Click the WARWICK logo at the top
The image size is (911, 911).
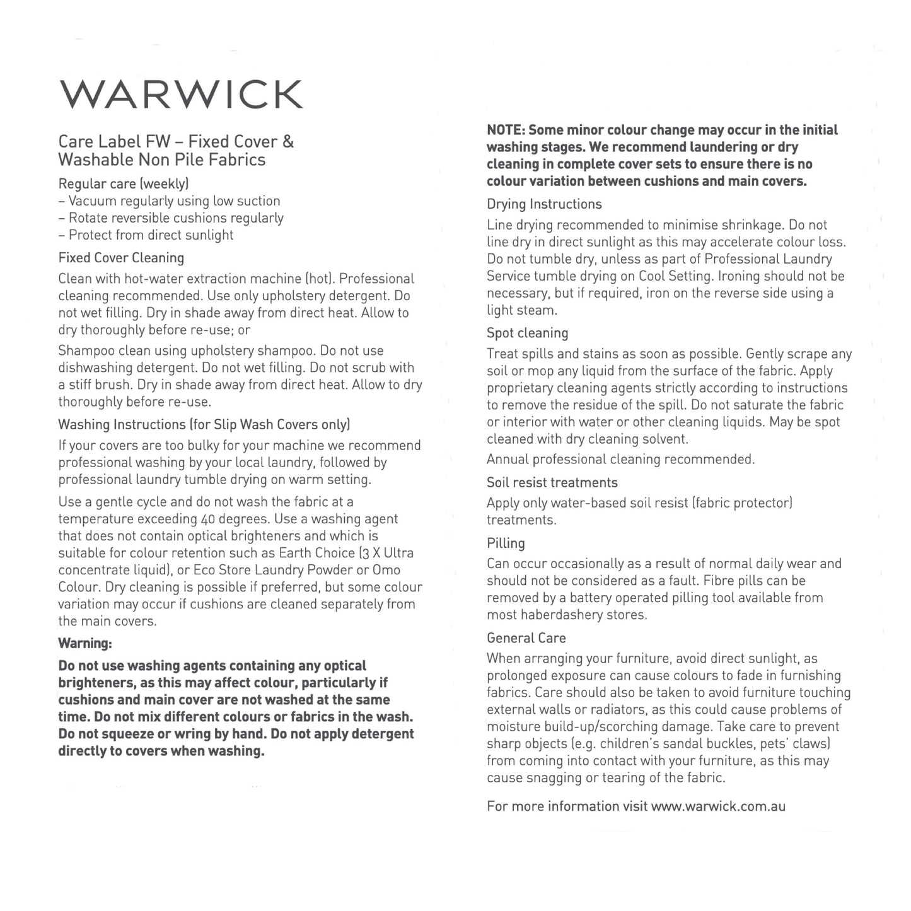(x=181, y=95)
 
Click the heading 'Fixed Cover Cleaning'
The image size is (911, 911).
(x=121, y=258)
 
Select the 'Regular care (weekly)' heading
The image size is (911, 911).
(x=124, y=183)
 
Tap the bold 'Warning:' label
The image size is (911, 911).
(x=85, y=644)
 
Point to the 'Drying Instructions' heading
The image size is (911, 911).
(x=544, y=204)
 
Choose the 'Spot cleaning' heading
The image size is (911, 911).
(x=527, y=333)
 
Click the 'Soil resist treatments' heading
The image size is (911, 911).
(x=552, y=482)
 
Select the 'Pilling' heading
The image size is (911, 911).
(x=506, y=543)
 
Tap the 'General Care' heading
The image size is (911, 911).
(x=526, y=638)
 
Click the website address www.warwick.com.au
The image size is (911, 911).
(x=717, y=806)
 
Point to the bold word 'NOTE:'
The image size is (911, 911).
(x=506, y=131)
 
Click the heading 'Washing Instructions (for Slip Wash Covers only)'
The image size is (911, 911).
(x=204, y=425)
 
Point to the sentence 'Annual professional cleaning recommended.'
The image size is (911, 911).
(x=620, y=460)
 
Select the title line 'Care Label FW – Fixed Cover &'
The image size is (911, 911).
(x=176, y=142)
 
